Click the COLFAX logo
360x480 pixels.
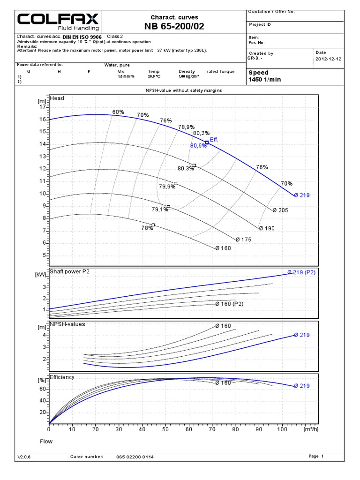coord(59,21)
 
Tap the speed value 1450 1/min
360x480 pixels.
coord(264,80)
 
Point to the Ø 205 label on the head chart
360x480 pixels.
coord(280,210)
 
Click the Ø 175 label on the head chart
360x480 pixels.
coord(244,240)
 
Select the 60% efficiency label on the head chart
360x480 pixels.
coord(118,112)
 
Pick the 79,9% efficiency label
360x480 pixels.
coord(167,187)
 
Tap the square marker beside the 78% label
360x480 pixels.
coord(153,225)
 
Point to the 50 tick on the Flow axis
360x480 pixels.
coord(165,429)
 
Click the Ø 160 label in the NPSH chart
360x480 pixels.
coord(223,326)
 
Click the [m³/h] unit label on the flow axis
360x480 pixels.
coord(310,429)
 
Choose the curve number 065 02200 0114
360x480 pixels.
coord(135,457)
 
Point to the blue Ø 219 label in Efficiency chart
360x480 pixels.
coord(302,386)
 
